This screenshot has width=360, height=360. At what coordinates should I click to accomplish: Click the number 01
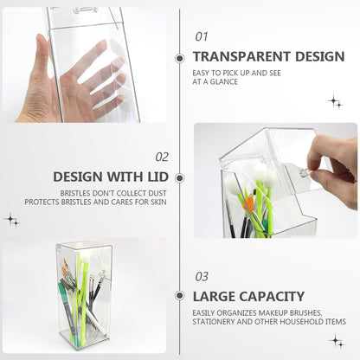coord(202,36)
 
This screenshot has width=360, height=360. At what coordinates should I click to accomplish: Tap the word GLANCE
coord(224,82)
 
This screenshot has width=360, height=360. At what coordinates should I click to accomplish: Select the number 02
coord(162,157)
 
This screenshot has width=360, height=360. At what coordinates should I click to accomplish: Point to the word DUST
coord(157,193)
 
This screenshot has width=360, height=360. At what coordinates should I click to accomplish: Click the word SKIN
coord(158,202)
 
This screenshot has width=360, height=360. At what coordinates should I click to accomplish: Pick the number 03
coord(202,277)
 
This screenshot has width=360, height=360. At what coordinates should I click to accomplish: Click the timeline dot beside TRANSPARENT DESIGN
coord(180,59)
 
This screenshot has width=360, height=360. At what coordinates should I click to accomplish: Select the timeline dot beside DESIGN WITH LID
coord(180,178)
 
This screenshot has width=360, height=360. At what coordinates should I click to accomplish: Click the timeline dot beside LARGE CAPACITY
coord(180,296)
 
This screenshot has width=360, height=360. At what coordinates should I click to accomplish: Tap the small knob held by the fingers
coord(304,172)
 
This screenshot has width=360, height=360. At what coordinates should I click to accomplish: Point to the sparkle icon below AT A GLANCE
coord(335,101)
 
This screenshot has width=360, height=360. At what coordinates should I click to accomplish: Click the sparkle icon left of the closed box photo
coord(12,220)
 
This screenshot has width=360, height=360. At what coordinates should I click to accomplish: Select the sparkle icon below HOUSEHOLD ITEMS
coord(337,341)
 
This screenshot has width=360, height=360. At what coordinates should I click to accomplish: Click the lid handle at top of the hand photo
coord(84,11)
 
